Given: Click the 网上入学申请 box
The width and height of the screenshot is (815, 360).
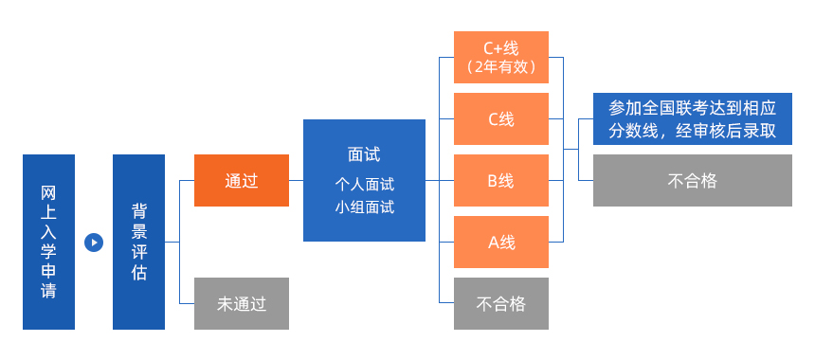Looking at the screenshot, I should pos(48,242).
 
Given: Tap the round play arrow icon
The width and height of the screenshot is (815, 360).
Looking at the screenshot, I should pos(93,242).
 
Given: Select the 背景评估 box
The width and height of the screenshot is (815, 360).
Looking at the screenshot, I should pos(138,242).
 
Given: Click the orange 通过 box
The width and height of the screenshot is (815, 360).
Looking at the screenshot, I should pos(241,180).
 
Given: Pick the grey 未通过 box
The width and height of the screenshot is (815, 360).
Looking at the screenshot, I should pos(241,304).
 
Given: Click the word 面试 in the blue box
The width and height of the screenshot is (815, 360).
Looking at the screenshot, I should pos(364,154).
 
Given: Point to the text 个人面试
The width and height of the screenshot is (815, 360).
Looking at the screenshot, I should pos(364,184).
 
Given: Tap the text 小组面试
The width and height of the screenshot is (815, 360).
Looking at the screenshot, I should pos(364,207).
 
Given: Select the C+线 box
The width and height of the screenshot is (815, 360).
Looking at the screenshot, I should pos(500,57).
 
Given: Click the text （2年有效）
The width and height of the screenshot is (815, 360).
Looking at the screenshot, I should pos(500,67).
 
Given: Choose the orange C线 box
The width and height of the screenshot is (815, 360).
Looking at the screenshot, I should pos(500,118).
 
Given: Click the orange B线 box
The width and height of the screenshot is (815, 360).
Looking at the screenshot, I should pos(500,180).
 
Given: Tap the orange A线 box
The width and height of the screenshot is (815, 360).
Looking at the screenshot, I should pos(500,242).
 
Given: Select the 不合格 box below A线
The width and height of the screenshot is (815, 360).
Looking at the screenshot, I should pos(500,304).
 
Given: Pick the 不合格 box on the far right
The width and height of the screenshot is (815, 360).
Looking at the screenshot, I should pos(692,180).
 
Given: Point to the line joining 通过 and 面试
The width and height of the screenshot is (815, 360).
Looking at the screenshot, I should pos(296,180).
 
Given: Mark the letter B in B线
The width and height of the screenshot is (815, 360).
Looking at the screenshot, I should pos(493,180).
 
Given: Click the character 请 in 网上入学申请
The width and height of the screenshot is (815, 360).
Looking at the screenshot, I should pos(48,291).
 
